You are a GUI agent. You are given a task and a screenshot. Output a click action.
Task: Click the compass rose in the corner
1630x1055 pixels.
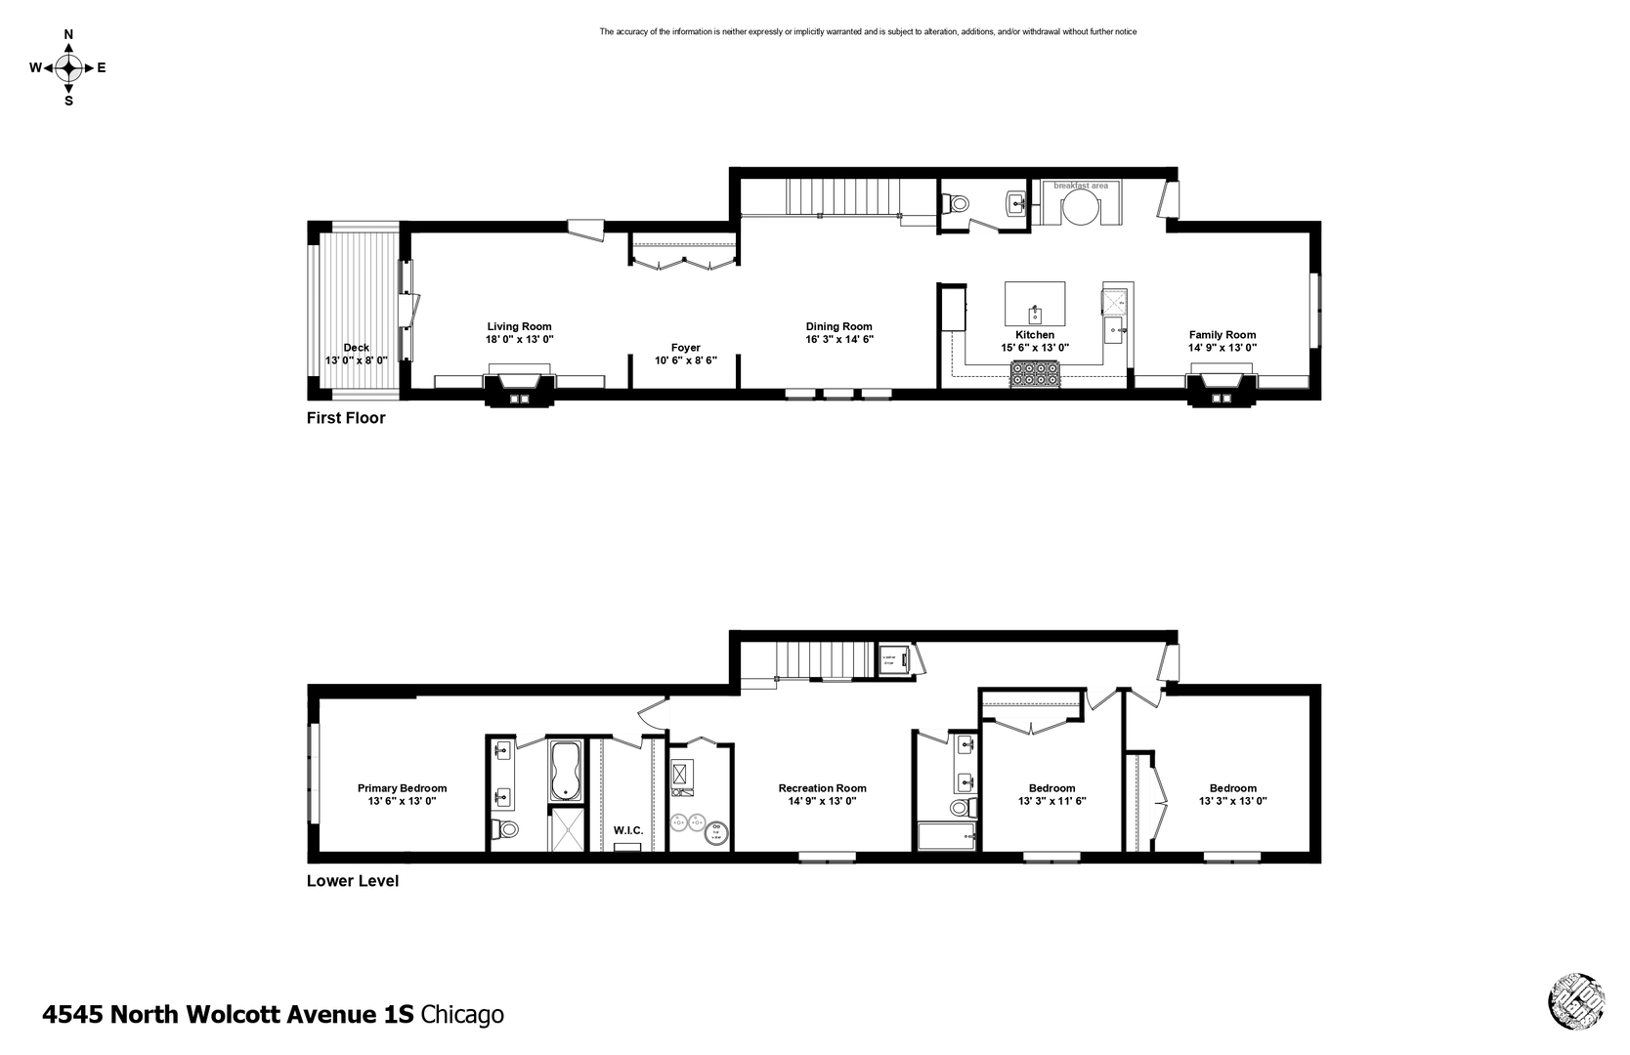tap(68, 67)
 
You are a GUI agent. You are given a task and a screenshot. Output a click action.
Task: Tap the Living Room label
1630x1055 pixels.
tap(519, 326)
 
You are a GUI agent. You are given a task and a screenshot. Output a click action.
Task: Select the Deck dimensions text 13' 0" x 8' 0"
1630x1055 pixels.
tap(356, 360)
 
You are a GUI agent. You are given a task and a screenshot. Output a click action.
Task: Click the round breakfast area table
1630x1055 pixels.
tap(1080, 207)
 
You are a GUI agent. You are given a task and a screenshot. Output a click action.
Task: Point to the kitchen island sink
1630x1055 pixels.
tap(1035, 315)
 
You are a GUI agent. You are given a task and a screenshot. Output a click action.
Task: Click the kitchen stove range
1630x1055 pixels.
tap(1035, 373)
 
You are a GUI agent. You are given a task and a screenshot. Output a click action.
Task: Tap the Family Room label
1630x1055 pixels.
tap(1222, 334)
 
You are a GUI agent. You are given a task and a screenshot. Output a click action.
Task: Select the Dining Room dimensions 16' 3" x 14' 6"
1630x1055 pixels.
tap(838, 340)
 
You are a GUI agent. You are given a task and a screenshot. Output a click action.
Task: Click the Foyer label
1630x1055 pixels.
tap(685, 347)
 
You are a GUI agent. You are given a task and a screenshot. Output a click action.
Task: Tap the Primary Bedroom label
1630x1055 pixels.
tap(402, 787)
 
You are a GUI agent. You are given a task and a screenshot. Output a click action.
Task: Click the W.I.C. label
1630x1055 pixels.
tap(627, 830)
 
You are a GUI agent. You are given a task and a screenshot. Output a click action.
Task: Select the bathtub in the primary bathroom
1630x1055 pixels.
tap(566, 772)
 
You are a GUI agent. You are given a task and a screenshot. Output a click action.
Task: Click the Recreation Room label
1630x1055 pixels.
tap(822, 787)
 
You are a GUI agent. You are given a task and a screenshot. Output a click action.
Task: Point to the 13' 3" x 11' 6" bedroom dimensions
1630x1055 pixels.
tap(1051, 801)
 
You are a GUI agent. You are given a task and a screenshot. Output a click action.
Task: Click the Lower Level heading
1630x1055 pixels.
tap(352, 880)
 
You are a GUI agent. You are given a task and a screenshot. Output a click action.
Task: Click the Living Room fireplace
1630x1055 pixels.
tap(519, 388)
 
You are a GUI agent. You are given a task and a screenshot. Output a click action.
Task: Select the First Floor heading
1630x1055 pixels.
tap(346, 418)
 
